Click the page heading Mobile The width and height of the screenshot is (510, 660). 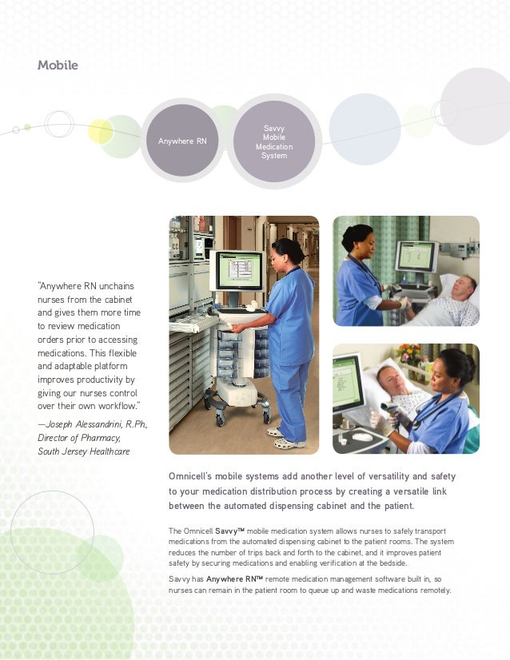click(x=58, y=65)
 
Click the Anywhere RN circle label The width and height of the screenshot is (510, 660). click(x=182, y=141)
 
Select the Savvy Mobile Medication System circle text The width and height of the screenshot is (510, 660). click(x=273, y=141)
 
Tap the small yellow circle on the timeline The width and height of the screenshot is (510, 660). click(x=101, y=130)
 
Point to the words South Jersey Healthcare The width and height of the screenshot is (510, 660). click(x=83, y=451)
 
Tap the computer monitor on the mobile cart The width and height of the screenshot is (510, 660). click(x=238, y=272)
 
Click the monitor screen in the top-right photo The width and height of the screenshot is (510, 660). click(x=415, y=258)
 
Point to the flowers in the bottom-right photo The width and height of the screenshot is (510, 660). click(x=408, y=354)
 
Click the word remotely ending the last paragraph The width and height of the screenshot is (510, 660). click(x=432, y=590)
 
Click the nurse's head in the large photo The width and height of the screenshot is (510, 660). click(x=287, y=252)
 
